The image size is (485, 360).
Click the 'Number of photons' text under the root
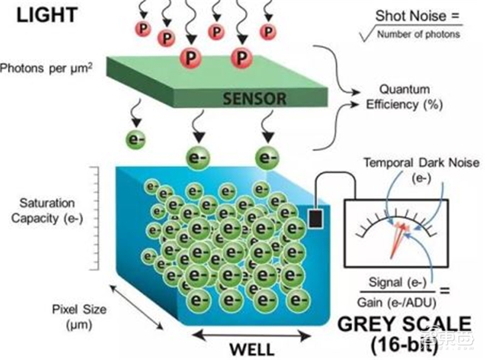pyautogui.click(x=418, y=34)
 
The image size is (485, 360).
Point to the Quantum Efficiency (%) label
pyautogui.click(x=397, y=97)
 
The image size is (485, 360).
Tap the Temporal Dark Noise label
pyautogui.click(x=421, y=162)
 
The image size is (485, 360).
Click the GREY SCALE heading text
pyautogui.click(x=403, y=324)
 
